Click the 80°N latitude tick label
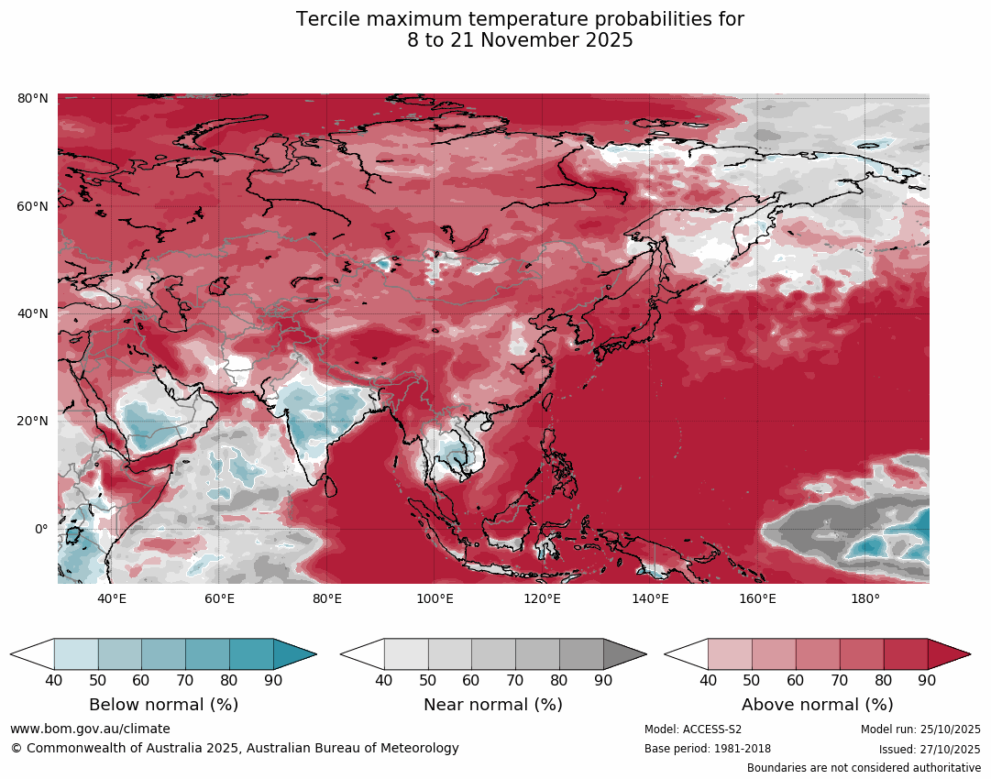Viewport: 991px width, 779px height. click(33, 98)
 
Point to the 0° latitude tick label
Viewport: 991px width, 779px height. click(40, 529)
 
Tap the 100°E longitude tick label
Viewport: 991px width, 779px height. click(435, 598)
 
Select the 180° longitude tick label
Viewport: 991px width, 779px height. click(865, 598)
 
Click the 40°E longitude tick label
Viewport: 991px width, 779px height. click(112, 598)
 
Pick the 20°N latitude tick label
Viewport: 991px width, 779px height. click(33, 422)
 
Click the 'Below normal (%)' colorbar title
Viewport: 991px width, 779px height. click(163, 705)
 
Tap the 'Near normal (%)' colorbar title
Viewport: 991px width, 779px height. click(493, 705)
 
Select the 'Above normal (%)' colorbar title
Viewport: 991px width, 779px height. click(817, 705)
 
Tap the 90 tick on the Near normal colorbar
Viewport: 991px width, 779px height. click(603, 680)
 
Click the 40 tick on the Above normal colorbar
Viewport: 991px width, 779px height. click(708, 680)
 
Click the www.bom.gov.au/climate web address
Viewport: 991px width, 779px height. click(90, 729)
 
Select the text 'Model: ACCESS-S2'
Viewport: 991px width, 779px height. click(693, 730)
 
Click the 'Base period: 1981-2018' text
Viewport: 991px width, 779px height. click(708, 749)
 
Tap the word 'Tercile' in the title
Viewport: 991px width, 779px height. click(329, 19)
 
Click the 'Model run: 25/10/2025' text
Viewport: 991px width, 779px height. click(920, 730)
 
